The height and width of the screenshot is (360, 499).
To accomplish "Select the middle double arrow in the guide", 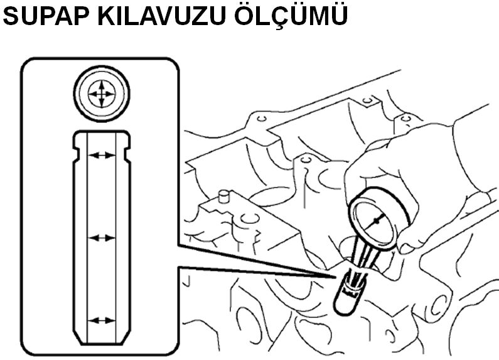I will pos(100,238).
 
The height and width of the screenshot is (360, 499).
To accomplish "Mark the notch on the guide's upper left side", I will pos(77,150).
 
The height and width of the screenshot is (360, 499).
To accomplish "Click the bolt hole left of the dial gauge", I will pos(306,161).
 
